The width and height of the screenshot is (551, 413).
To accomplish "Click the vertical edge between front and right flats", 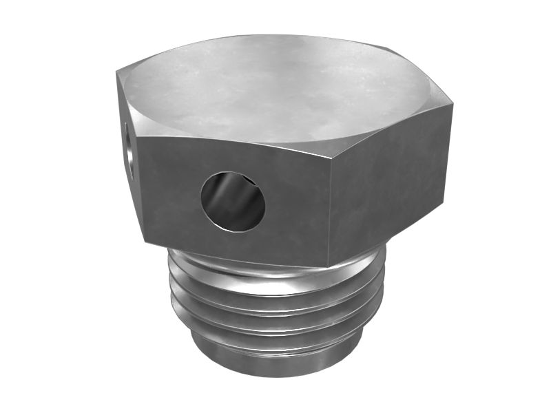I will (x=330, y=206).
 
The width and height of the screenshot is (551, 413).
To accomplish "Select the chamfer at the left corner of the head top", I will (x=127, y=96).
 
